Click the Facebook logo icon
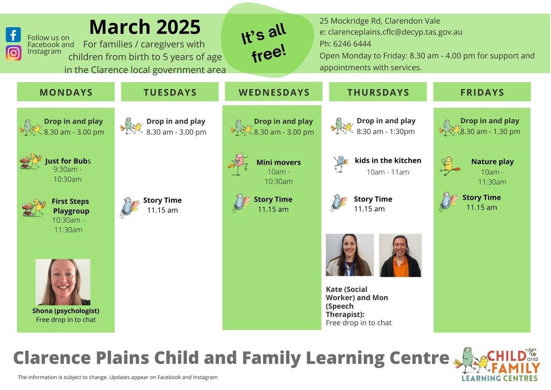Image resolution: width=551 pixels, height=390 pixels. coord(13,34)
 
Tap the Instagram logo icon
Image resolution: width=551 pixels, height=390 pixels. coord(13,53)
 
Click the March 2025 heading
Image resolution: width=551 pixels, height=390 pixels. coord(145,27)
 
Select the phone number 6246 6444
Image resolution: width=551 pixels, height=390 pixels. coord(352,44)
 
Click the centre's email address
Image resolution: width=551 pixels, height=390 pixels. coord(395,32)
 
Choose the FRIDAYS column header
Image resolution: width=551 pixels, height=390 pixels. coord(482,92)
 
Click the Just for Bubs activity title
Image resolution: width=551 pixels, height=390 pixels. coord(68,161)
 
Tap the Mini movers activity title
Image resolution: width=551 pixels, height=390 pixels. coord(278,162)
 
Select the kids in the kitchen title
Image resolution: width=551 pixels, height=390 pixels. coord(388,161)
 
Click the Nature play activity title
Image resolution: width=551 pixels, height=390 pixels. coord(492,161)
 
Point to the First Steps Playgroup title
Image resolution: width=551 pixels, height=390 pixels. coord(71,206)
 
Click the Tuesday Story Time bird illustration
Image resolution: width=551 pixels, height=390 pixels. coord(129,207)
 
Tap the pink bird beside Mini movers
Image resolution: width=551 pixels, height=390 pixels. coord(238,164)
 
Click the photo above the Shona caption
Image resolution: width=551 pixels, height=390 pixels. coord(63,282)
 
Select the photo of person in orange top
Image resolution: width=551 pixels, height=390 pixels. coord(400,255)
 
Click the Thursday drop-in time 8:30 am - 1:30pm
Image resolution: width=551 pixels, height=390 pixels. coord(385,132)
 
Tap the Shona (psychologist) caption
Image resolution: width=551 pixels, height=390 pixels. coord(66,311)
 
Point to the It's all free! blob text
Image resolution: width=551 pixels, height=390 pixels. coord(264,43)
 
